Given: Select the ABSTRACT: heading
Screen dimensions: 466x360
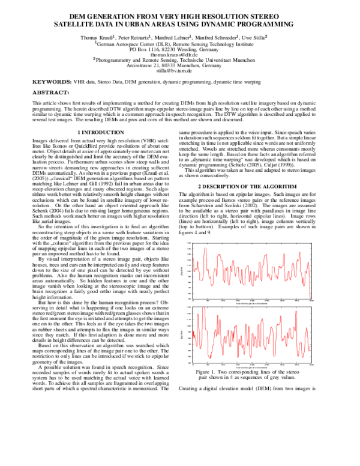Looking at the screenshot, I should [49, 94].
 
